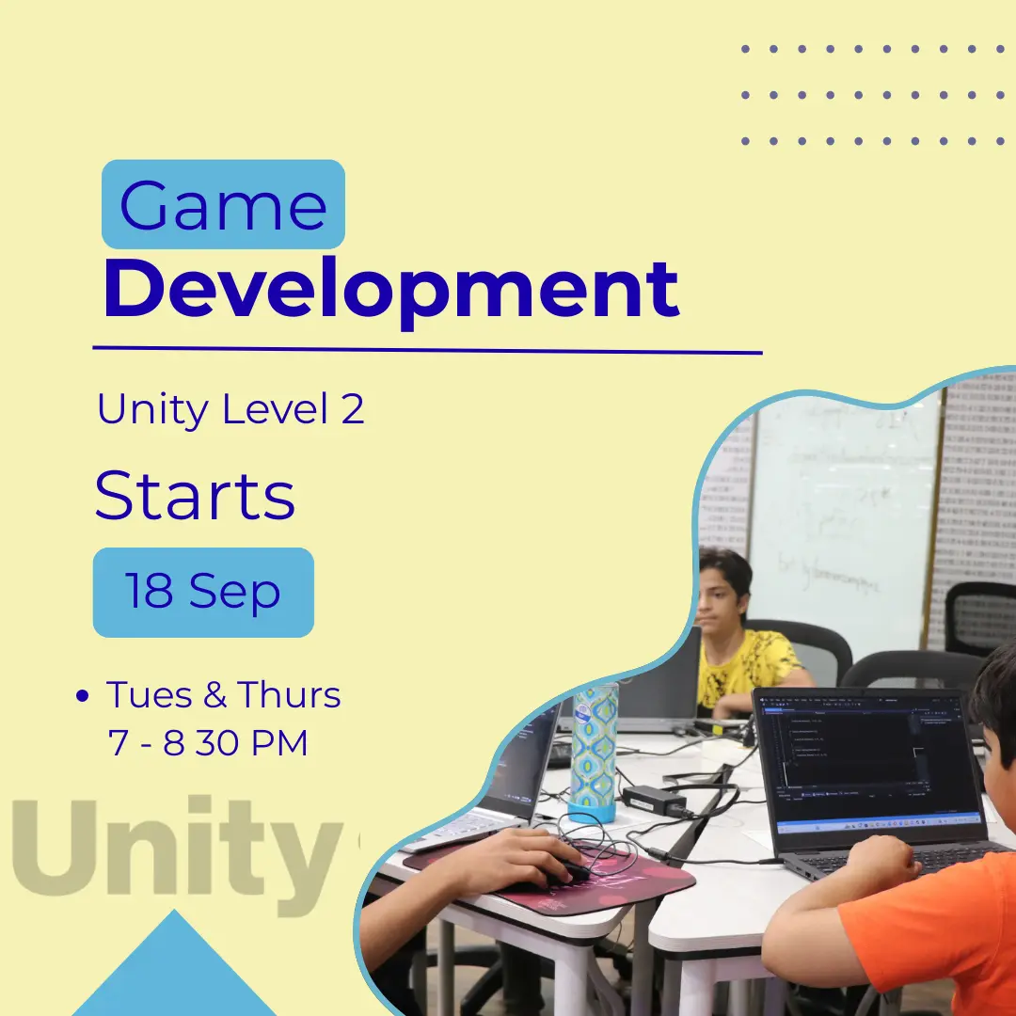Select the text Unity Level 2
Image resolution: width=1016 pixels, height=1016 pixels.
(230, 410)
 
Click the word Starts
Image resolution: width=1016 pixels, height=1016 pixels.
(195, 496)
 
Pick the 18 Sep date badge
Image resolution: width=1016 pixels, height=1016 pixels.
(203, 593)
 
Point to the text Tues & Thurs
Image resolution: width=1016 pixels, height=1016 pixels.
(223, 695)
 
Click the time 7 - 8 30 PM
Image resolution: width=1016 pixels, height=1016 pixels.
(209, 743)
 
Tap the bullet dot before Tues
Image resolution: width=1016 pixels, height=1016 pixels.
(82, 697)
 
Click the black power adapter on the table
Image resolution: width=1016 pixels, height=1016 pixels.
(655, 800)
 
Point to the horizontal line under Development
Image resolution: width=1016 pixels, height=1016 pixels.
(427, 351)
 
